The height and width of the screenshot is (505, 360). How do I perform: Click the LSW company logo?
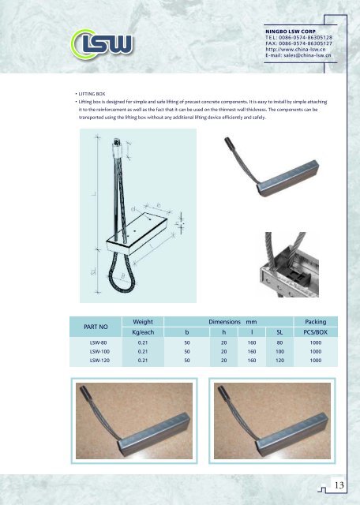click(102, 44)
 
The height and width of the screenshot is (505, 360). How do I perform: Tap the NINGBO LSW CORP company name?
click(291, 32)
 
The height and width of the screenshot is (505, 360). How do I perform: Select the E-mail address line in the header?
click(298, 55)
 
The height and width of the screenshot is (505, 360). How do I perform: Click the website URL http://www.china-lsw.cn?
click(295, 49)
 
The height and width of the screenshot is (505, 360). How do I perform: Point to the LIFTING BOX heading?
click(92, 94)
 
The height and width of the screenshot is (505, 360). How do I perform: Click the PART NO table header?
click(96, 327)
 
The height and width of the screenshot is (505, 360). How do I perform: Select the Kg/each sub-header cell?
click(143, 332)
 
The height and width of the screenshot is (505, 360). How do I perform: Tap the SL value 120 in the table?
click(279, 361)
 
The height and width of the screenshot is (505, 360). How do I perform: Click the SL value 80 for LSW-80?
click(279, 342)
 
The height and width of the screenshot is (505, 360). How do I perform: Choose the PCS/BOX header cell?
click(316, 332)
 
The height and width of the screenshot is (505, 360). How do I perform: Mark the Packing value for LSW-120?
click(316, 361)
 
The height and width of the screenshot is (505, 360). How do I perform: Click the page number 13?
click(339, 485)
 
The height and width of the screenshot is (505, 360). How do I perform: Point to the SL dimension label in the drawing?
click(93, 271)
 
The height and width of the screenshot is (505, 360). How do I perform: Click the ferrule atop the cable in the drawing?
click(118, 148)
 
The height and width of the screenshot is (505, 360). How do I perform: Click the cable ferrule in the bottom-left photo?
click(85, 392)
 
